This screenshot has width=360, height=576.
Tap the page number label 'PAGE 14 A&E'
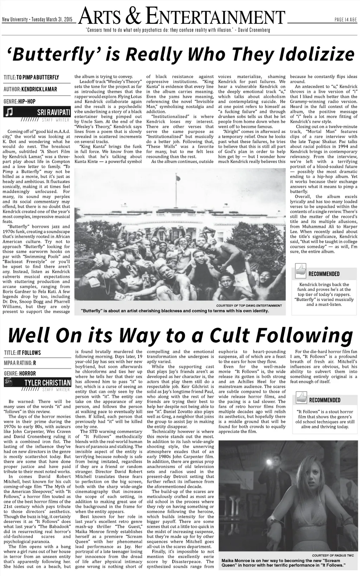346,20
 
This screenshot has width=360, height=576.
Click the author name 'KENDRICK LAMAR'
39,89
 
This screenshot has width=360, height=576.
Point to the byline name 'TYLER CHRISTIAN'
47,383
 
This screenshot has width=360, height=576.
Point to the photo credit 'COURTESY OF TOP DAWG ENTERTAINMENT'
249,306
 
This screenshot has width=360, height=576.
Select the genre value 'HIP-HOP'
27,101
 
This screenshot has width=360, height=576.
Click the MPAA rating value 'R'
35,363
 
